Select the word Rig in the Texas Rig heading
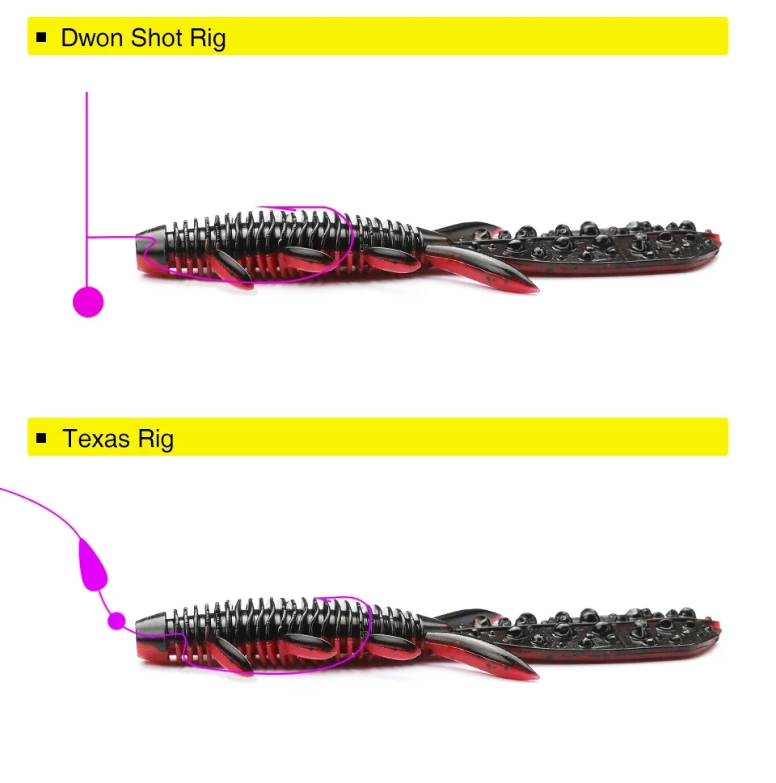pyautogui.click(x=155, y=439)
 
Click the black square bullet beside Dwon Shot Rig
pyautogui.click(x=43, y=37)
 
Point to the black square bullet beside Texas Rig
pyautogui.click(x=43, y=439)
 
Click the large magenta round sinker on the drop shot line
pyautogui.click(x=88, y=301)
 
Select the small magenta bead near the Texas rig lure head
pyautogui.click(x=117, y=621)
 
